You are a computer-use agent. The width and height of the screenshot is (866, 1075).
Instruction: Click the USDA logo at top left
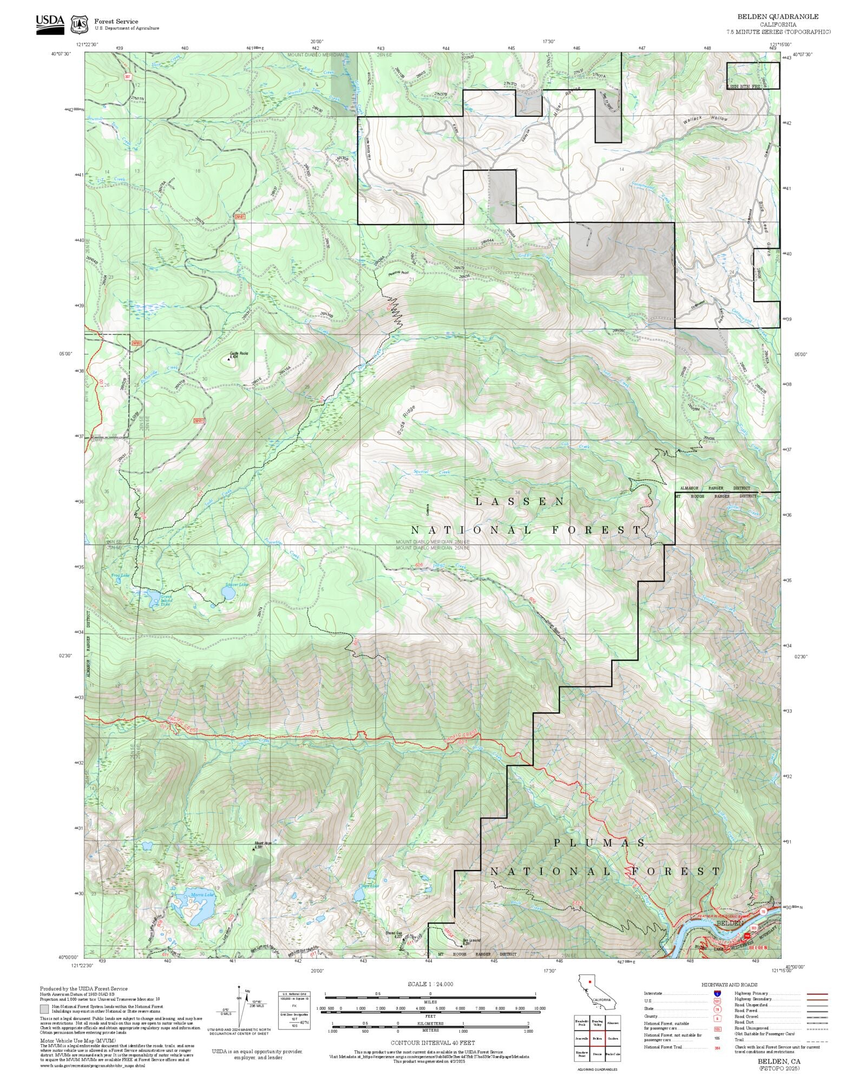[x=50, y=24]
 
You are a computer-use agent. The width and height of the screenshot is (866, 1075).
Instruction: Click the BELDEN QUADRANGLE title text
[x=778, y=17]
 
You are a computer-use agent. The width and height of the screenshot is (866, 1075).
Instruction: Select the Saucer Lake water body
[x=227, y=594]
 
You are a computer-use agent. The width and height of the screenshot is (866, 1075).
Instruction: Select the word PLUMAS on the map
[x=600, y=843]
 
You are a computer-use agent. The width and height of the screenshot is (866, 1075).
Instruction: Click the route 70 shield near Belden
[x=763, y=912]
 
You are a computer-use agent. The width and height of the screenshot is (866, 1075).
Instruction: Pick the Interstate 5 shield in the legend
[x=717, y=994]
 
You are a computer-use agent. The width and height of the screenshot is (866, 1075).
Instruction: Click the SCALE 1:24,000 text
[x=430, y=984]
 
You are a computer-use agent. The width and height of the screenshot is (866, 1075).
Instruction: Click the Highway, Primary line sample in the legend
[x=817, y=994]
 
